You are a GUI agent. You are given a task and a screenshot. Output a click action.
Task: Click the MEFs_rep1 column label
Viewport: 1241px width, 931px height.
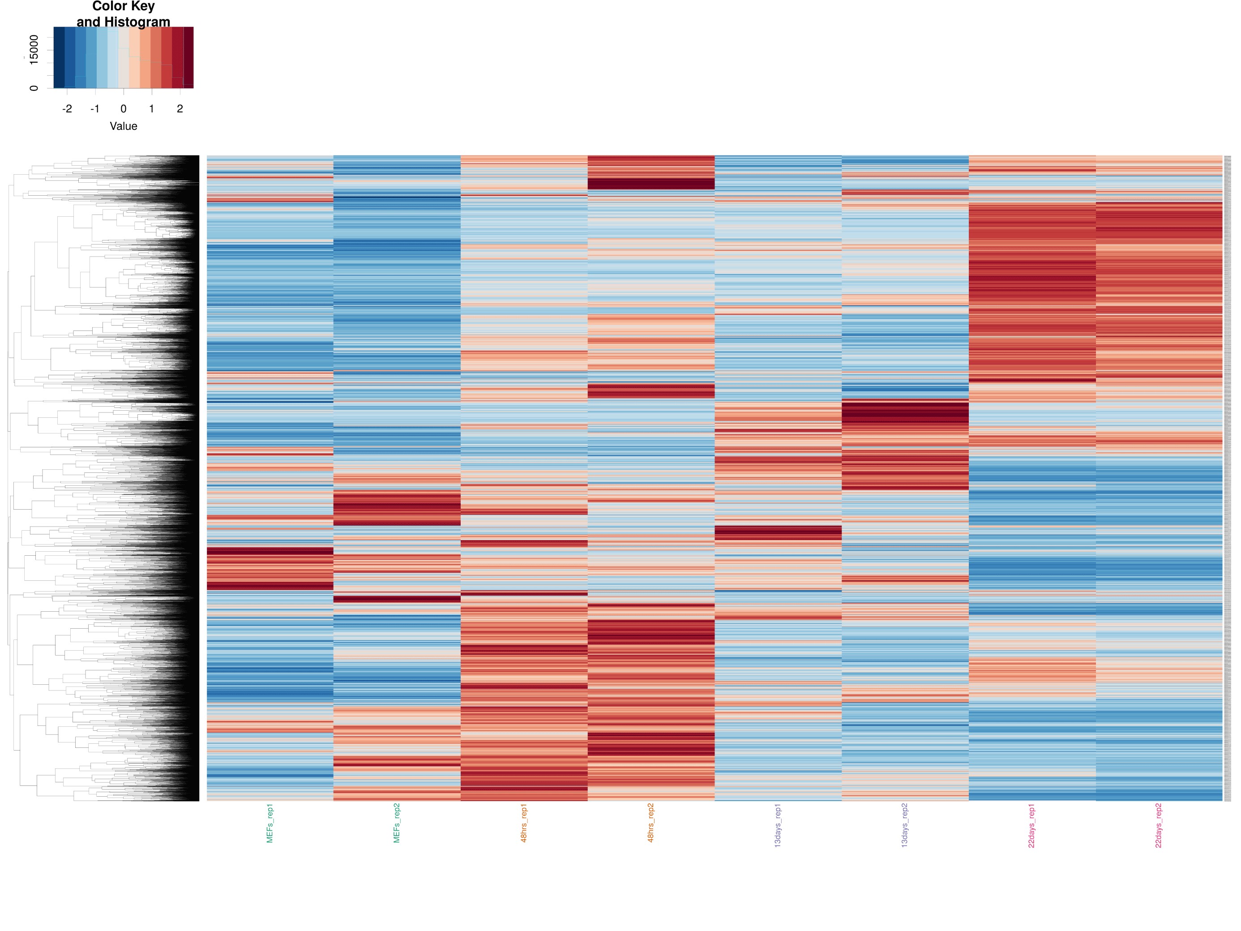tap(270, 823)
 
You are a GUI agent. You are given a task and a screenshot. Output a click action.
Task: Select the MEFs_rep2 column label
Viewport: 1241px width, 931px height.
tap(397, 823)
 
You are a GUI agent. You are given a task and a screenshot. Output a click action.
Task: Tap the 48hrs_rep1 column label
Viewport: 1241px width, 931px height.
tap(524, 823)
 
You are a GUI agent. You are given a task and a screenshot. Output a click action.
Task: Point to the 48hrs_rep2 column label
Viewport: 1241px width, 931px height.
tap(651, 823)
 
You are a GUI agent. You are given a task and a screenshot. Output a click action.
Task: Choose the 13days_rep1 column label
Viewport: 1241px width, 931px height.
tap(778, 825)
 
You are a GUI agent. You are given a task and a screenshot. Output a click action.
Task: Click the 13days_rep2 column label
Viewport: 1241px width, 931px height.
tap(905, 825)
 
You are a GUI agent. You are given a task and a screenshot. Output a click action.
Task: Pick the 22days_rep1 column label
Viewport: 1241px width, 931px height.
tap(1032, 825)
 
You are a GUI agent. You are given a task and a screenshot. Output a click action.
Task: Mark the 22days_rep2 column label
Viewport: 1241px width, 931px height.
tap(1159, 825)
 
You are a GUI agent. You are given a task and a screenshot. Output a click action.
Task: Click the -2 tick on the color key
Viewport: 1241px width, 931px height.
tap(67, 109)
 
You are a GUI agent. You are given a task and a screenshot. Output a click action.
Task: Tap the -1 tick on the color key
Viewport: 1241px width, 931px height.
tap(95, 109)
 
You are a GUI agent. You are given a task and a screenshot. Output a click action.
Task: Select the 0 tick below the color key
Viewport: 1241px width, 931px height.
tap(124, 109)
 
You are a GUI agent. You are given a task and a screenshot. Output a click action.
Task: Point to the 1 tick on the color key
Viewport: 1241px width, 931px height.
tap(151, 109)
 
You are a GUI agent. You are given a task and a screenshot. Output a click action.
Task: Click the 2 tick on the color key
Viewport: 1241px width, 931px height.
tap(180, 109)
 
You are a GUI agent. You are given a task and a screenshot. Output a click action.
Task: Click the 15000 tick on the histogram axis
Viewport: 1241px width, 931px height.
tap(34, 50)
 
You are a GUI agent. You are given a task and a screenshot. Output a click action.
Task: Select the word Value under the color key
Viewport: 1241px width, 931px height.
tap(124, 126)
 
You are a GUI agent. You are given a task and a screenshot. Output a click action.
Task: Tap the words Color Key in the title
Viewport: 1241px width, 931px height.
tap(124, 7)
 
